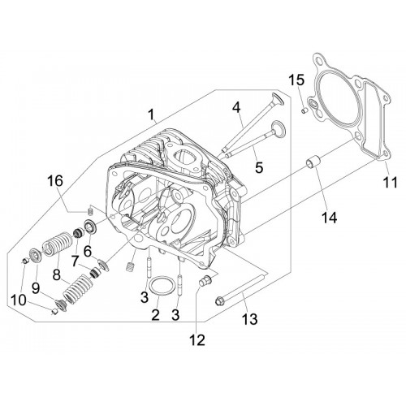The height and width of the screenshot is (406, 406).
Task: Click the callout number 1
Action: (152, 114)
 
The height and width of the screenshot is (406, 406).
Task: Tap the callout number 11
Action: (390, 182)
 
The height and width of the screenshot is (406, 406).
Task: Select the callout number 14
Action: (329, 217)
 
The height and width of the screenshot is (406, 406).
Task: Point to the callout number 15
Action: (296, 80)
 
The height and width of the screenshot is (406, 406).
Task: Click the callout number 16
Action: (55, 181)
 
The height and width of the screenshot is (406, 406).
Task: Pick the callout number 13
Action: (249, 318)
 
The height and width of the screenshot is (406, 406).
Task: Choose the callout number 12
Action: (197, 339)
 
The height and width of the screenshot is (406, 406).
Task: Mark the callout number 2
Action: (155, 314)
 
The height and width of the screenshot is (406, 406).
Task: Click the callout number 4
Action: (236, 108)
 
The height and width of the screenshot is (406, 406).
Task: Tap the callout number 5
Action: (259, 167)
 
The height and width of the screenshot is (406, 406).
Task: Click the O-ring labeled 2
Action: (162, 286)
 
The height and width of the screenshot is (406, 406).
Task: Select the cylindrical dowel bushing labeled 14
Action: (313, 162)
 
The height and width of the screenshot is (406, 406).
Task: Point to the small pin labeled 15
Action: (304, 110)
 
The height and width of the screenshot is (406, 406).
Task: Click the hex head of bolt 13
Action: (219, 302)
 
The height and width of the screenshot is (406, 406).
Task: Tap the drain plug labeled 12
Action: (206, 279)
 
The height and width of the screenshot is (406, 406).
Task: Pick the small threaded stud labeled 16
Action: (91, 209)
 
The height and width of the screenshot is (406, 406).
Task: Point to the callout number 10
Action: (19, 300)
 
